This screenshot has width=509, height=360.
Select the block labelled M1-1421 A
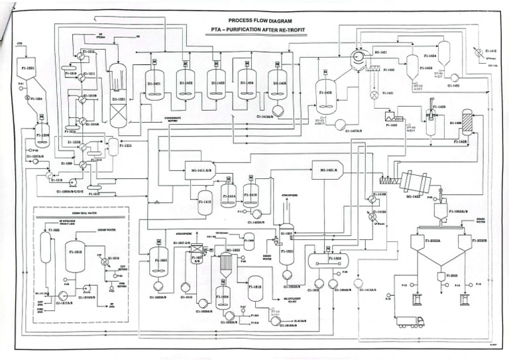pyautogui.click(x=327, y=170)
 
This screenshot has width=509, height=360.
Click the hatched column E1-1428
pyautogui.click(x=467, y=125)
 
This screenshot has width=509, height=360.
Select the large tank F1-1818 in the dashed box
pyautogui.click(x=75, y=255)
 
